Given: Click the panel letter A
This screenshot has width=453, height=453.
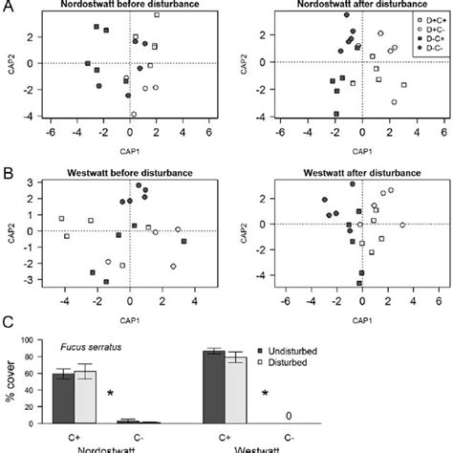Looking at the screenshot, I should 7,7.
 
